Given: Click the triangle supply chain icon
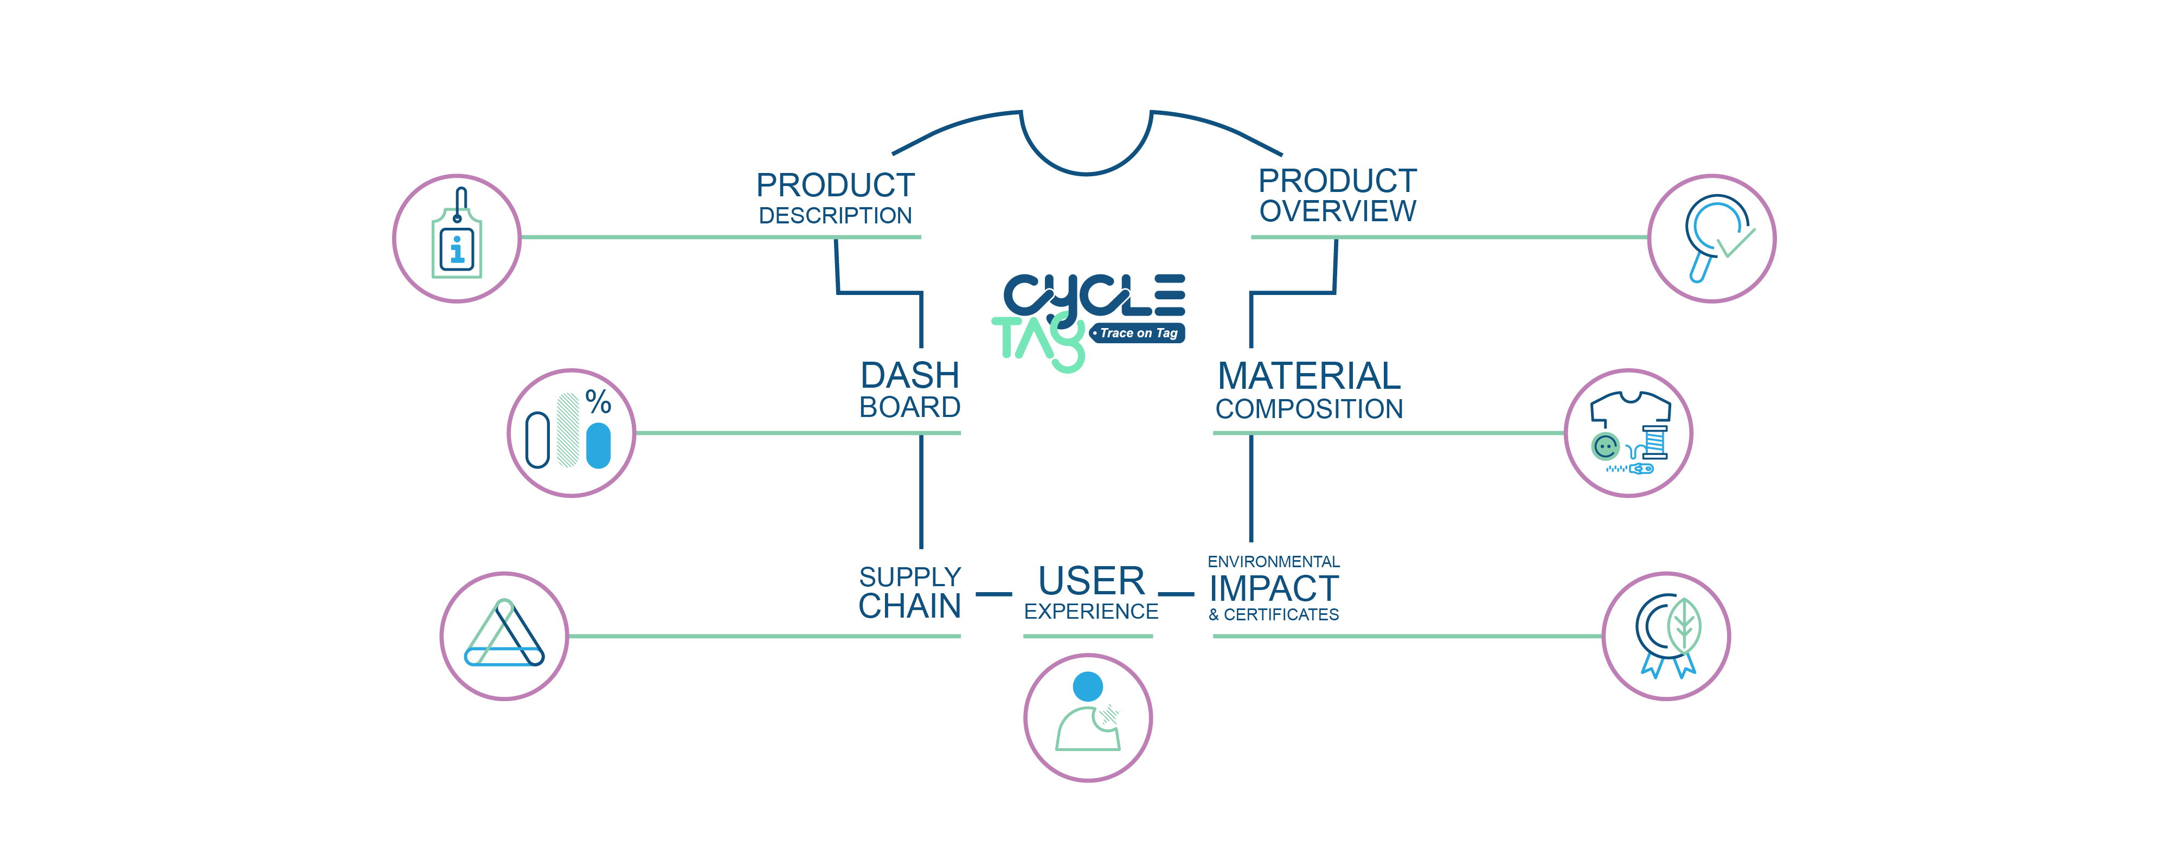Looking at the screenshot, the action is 504,636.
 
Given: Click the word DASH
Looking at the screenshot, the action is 909,375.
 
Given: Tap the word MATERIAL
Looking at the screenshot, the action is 1308,375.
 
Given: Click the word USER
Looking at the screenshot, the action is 1091,581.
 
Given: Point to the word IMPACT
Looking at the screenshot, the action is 1273,588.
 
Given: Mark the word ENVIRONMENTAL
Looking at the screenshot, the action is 1273,562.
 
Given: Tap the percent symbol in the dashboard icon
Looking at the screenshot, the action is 598,402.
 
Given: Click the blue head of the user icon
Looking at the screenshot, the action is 1088,686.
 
